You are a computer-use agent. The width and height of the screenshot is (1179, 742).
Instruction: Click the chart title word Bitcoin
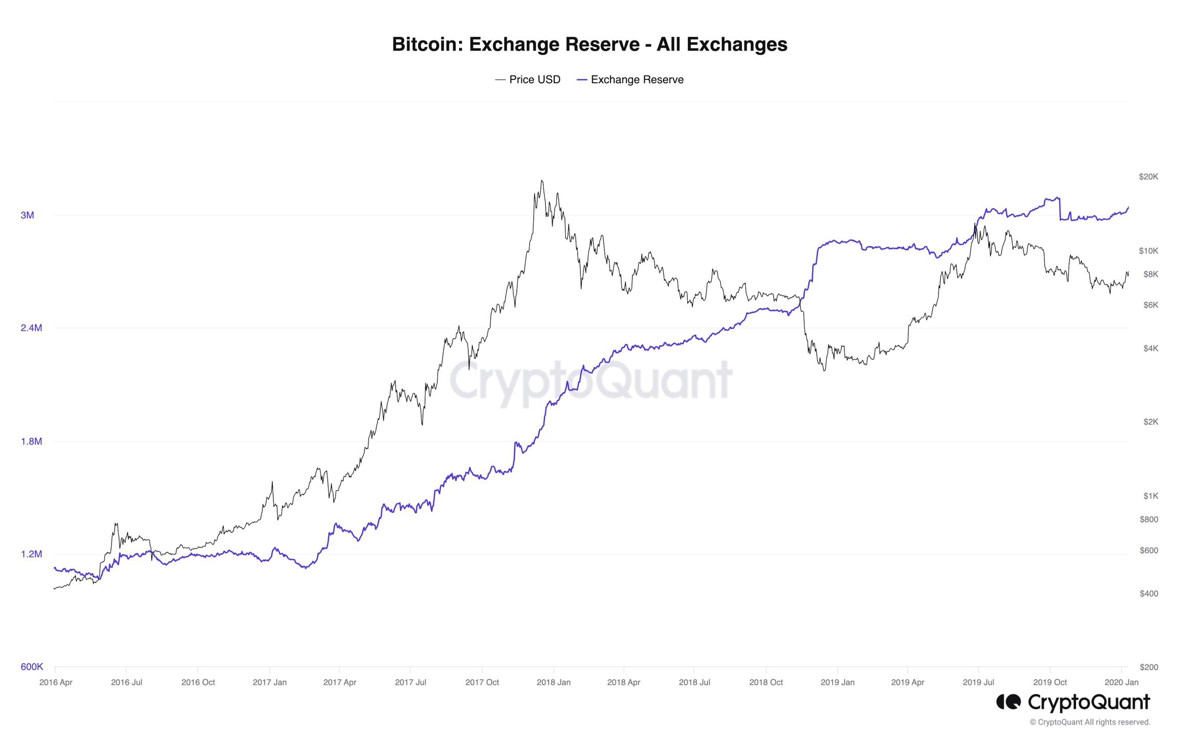click(x=427, y=45)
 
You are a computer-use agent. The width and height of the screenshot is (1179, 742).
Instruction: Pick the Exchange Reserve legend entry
click(x=630, y=80)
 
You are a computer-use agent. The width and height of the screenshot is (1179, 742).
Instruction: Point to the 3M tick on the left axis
click(x=27, y=215)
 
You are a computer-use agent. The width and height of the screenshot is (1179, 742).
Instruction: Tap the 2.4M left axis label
click(x=31, y=328)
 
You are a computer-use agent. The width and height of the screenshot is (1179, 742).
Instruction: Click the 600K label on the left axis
click(x=32, y=667)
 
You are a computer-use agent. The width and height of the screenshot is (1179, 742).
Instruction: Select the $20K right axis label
click(x=1148, y=177)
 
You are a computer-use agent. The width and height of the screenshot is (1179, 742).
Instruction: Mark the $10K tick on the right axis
click(x=1148, y=251)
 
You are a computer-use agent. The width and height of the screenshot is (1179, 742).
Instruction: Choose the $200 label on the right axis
click(x=1149, y=667)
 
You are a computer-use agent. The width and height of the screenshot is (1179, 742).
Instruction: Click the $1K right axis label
click(x=1150, y=496)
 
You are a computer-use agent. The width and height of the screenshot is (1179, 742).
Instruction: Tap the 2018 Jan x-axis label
click(x=553, y=683)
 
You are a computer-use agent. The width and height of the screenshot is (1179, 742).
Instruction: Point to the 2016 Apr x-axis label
click(x=56, y=683)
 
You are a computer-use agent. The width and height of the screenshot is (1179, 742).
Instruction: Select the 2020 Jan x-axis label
click(x=1121, y=683)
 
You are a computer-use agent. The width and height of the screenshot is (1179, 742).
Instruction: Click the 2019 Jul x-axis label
click(x=978, y=683)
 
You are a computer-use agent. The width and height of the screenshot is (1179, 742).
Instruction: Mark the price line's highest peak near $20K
click(x=542, y=181)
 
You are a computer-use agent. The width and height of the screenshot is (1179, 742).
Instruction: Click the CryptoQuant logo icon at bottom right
click(x=1008, y=702)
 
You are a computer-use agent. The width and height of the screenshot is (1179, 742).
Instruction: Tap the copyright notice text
click(x=1089, y=723)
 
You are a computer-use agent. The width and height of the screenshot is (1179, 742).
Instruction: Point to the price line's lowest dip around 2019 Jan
click(x=824, y=370)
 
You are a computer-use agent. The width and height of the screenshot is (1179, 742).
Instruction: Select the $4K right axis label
click(x=1150, y=348)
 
